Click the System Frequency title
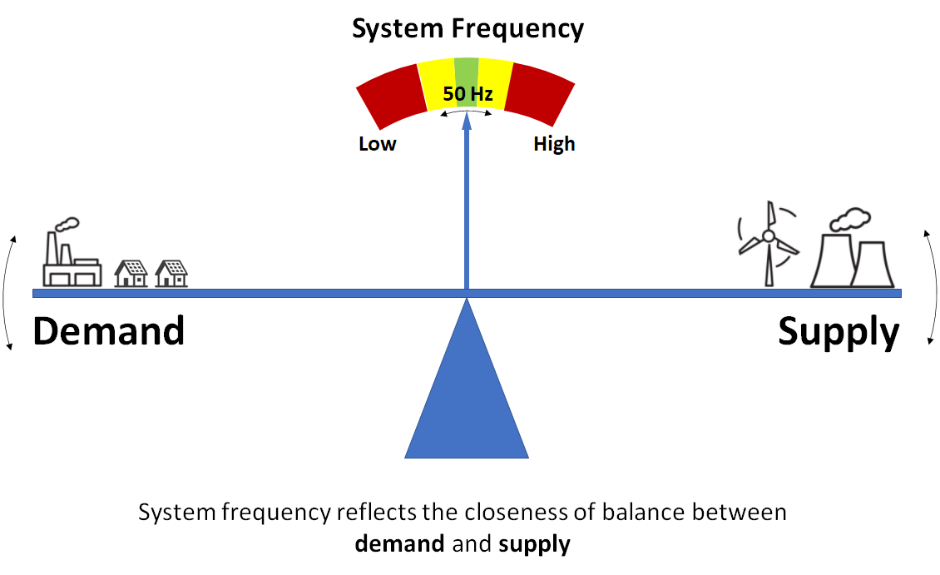tap(468, 28)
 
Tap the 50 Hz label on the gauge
tap(468, 94)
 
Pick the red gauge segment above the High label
tap(541, 94)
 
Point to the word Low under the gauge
tap(378, 144)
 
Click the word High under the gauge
tap(554, 144)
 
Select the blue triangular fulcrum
tap(467, 399)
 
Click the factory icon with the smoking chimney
tap(72, 254)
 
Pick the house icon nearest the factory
tap(131, 273)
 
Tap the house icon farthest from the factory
tap(171, 273)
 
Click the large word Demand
tap(108, 331)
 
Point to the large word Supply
tap(839, 333)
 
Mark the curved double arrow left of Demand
tap(9, 291)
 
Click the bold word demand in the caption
tap(398, 544)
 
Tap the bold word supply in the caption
tap(534, 545)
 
